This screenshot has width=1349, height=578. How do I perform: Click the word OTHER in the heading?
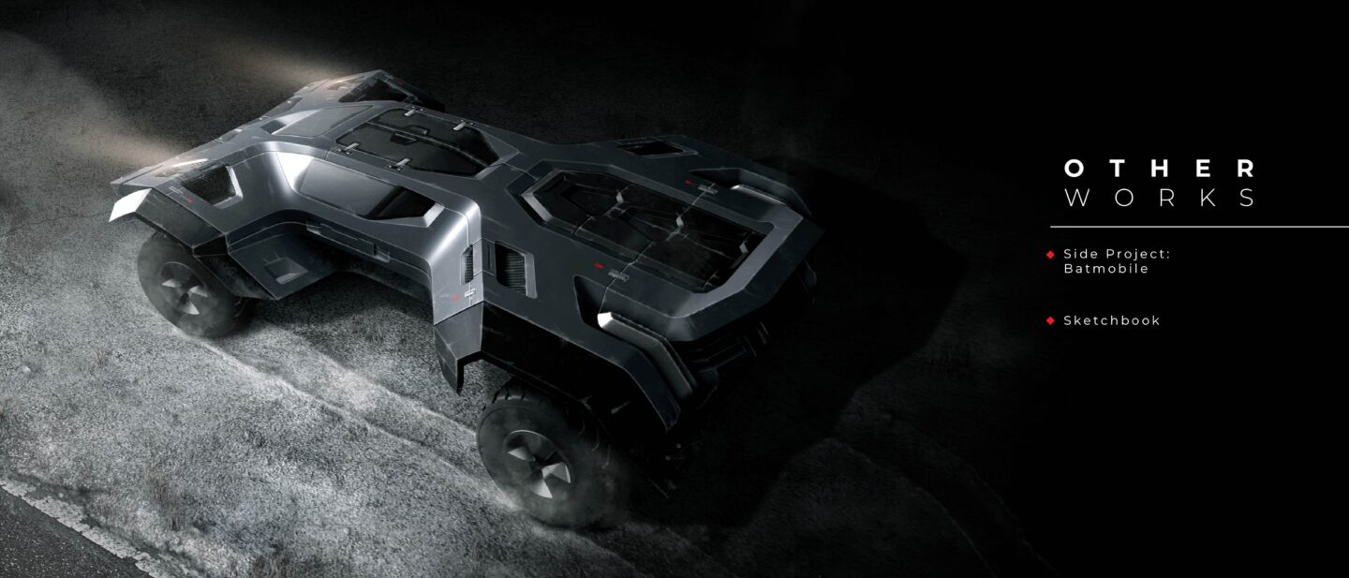point(1160,169)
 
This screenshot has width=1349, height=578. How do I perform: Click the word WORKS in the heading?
point(1160,198)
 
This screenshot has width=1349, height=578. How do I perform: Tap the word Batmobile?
point(1106,269)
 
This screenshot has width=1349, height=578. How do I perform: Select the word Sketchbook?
point(1112,320)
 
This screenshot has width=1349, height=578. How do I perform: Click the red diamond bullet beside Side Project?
point(1051,254)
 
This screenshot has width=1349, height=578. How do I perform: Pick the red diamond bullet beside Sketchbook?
point(1051,320)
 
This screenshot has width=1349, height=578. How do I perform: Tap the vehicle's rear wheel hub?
point(538,464)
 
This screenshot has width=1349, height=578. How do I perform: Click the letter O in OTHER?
point(1074,169)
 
